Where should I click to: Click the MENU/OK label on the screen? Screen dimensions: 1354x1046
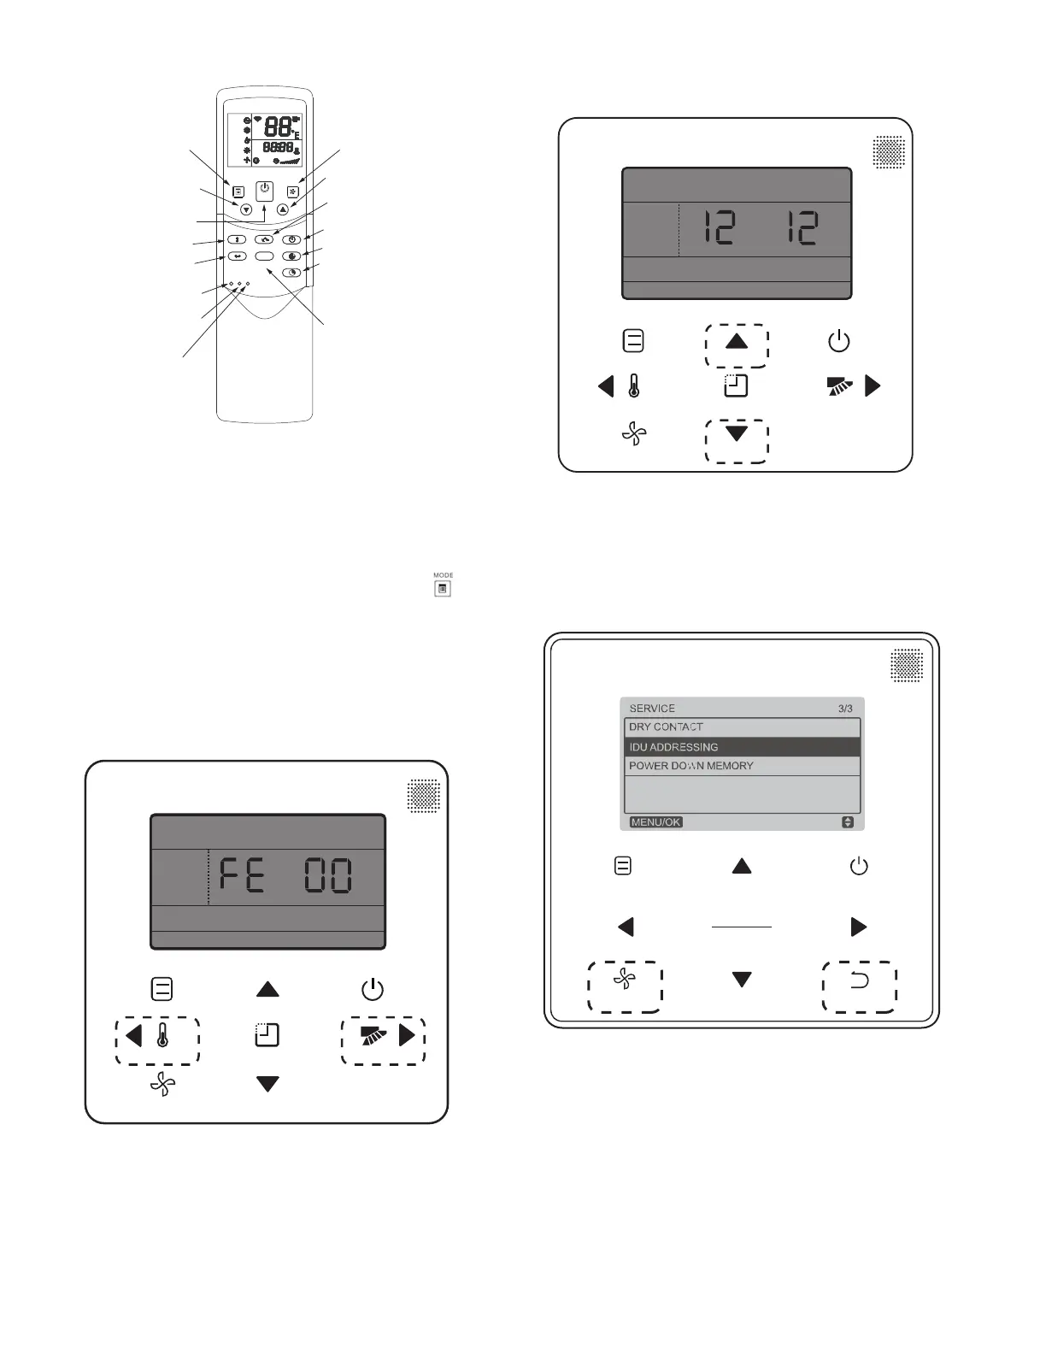tap(655, 822)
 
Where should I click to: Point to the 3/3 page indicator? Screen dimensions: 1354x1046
tap(845, 709)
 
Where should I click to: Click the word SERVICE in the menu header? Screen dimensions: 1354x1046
tap(652, 709)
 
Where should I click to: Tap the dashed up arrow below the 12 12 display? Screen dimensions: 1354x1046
tap(737, 342)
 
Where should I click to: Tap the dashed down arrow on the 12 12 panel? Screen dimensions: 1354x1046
tap(737, 433)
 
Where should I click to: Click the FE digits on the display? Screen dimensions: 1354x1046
tap(242, 876)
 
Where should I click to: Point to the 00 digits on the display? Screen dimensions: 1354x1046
tap(329, 876)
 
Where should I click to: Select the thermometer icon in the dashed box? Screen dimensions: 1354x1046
tap(162, 1036)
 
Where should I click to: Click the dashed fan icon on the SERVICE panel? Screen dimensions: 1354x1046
tap(625, 980)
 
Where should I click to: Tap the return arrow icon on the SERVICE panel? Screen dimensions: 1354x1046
tap(860, 980)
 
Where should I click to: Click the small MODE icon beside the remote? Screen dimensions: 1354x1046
tap(443, 588)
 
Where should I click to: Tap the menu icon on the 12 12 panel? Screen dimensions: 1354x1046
tap(633, 341)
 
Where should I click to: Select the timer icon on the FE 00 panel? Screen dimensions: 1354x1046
tap(267, 1036)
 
